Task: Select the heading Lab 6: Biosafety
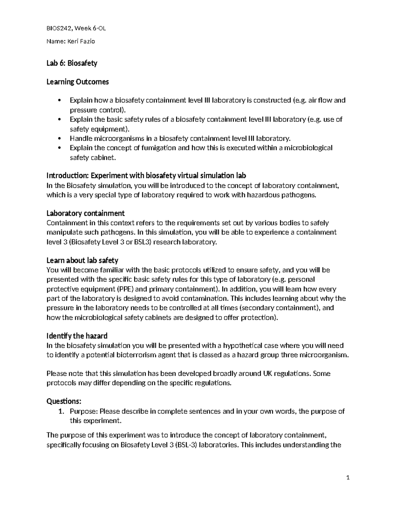[x=72, y=63]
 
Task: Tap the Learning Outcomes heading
[x=78, y=82]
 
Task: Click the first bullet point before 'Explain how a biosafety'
[x=59, y=100]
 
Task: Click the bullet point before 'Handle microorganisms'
[x=59, y=138]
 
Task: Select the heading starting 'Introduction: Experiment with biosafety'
[x=146, y=175]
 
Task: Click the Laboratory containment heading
[x=85, y=213]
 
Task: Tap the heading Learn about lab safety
[x=82, y=260]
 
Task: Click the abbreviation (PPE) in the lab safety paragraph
[x=125, y=289]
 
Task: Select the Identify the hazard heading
[x=77, y=336]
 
